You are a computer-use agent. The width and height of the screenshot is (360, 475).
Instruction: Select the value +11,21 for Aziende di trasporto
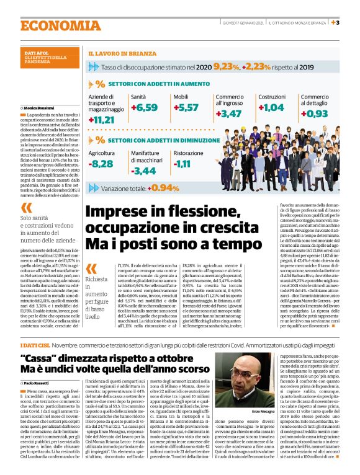102,119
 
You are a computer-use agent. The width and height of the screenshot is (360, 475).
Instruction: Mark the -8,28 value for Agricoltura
101,164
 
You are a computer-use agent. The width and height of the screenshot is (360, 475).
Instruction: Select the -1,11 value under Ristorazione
182,164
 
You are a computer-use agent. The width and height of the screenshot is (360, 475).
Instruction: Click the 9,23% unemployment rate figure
226,66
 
